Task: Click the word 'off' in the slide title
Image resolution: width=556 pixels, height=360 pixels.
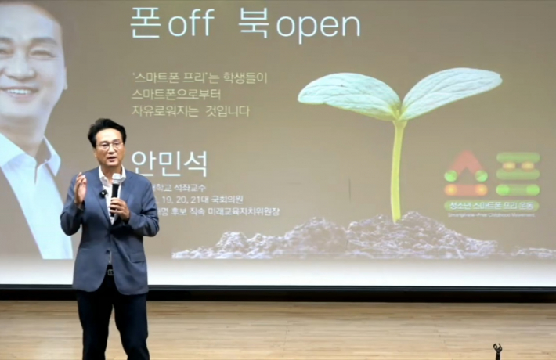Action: click(x=190, y=23)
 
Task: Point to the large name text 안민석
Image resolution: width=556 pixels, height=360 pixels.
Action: click(x=169, y=164)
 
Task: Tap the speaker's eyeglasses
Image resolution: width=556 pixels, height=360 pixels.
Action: click(x=110, y=145)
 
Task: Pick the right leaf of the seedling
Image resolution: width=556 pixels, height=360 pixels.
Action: click(x=453, y=88)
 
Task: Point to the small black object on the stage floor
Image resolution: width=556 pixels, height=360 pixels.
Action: click(x=497, y=351)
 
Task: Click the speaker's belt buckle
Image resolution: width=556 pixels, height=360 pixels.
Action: click(x=110, y=271)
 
